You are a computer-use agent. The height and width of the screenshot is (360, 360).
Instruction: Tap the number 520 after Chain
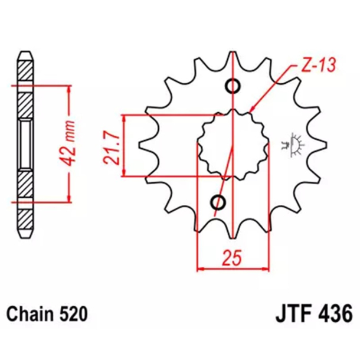click(72, 312)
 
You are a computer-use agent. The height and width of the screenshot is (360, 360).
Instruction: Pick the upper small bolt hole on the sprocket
click(233, 86)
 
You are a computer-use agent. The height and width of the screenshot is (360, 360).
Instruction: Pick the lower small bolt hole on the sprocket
click(219, 203)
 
